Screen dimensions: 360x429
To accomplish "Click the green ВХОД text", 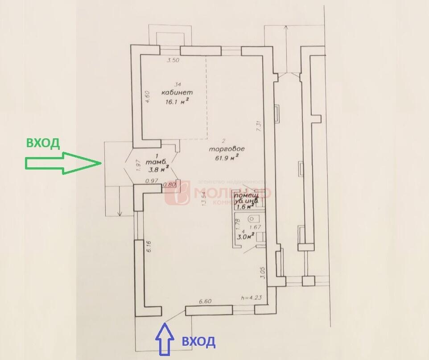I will point(43,143).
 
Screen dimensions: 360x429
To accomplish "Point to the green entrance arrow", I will point(63,164).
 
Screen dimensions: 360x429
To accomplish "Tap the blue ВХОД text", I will point(199,342).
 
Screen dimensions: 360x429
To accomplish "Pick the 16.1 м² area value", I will point(177,102).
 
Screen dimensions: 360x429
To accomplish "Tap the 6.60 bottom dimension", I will point(205,302).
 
